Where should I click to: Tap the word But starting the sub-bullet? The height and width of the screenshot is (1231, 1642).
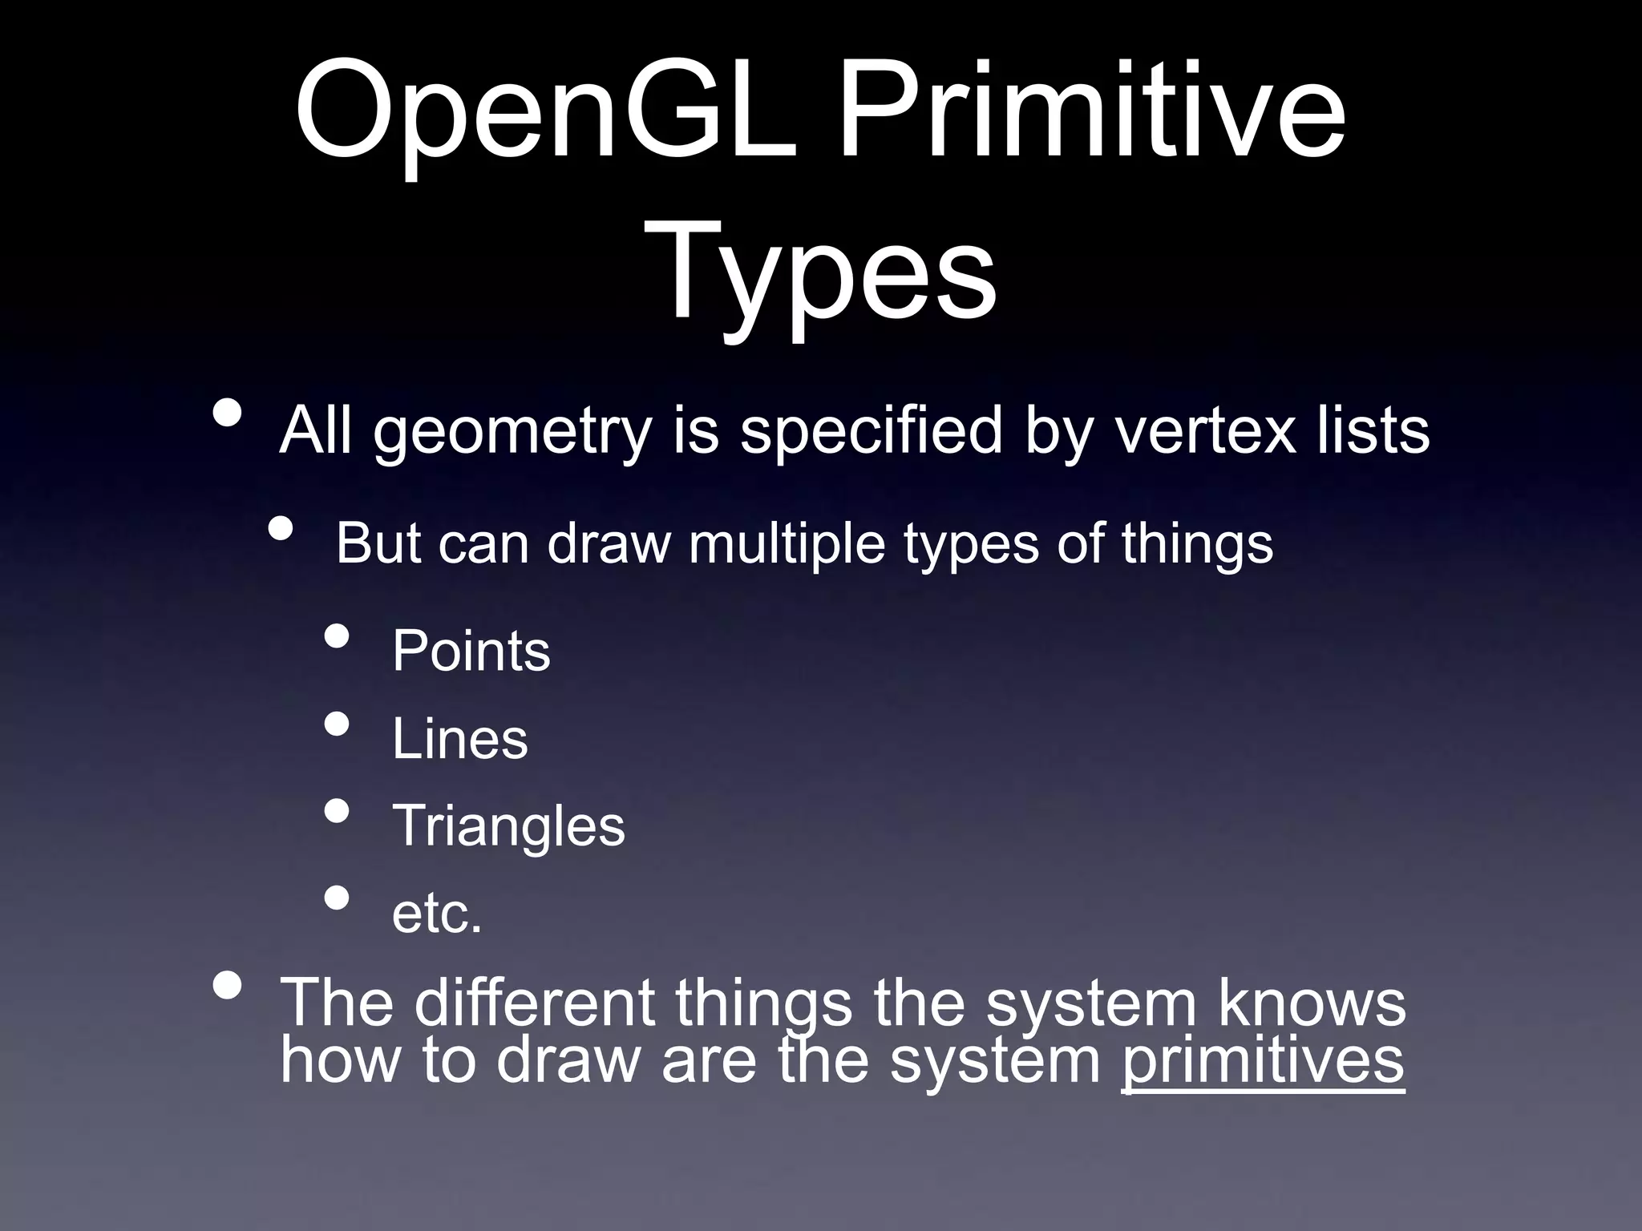coord(377,543)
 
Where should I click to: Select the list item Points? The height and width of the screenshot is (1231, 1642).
coord(471,651)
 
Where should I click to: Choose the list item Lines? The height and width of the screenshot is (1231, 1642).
coord(460,738)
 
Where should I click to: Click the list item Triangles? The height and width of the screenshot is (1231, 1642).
coord(508,826)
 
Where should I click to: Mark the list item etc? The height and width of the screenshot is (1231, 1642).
coord(437,914)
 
